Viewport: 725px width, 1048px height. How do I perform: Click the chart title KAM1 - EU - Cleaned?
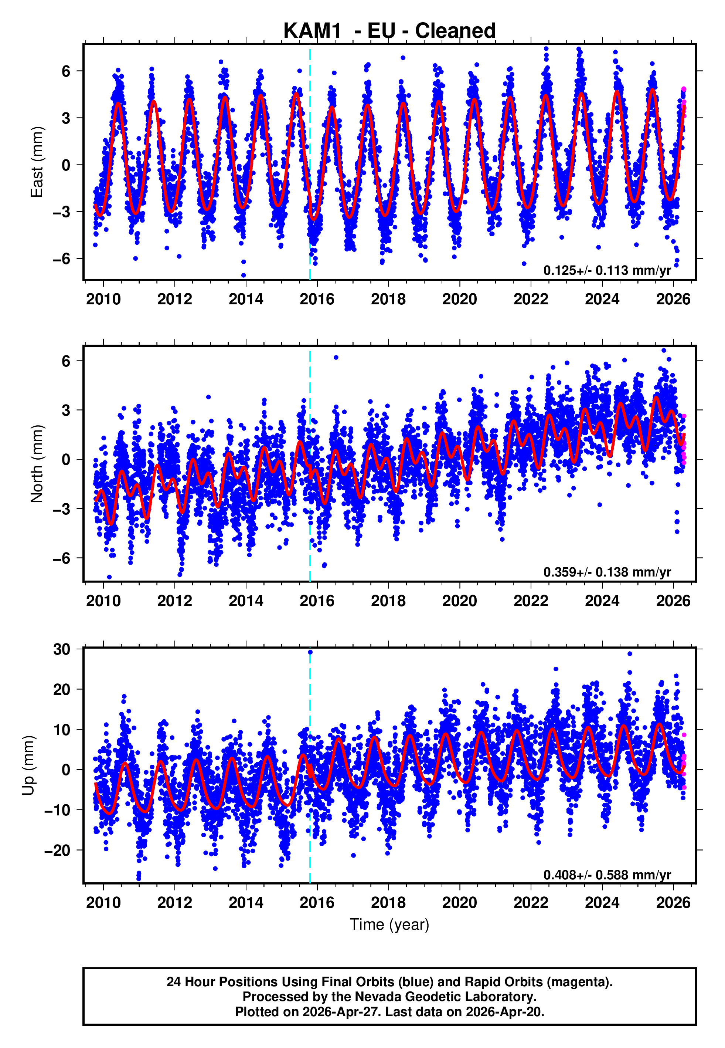coord(389,31)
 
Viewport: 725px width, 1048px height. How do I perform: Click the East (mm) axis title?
coord(36,162)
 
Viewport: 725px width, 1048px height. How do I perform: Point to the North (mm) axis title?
coord(36,464)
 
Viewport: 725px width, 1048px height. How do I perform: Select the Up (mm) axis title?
coord(28,766)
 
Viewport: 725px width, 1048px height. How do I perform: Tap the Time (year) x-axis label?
coord(389,925)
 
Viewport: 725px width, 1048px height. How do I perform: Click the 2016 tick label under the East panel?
coord(317,299)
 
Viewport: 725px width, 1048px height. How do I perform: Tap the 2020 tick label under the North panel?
coord(459,601)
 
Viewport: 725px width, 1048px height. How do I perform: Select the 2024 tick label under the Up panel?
coord(602,903)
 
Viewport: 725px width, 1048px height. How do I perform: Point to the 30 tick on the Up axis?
coord(62,649)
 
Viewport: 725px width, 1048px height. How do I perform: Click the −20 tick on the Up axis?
coord(57,850)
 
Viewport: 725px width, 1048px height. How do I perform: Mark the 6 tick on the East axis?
coord(66,71)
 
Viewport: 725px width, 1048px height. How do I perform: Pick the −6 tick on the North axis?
coord(62,558)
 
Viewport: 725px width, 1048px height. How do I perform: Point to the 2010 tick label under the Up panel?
coord(103,903)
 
